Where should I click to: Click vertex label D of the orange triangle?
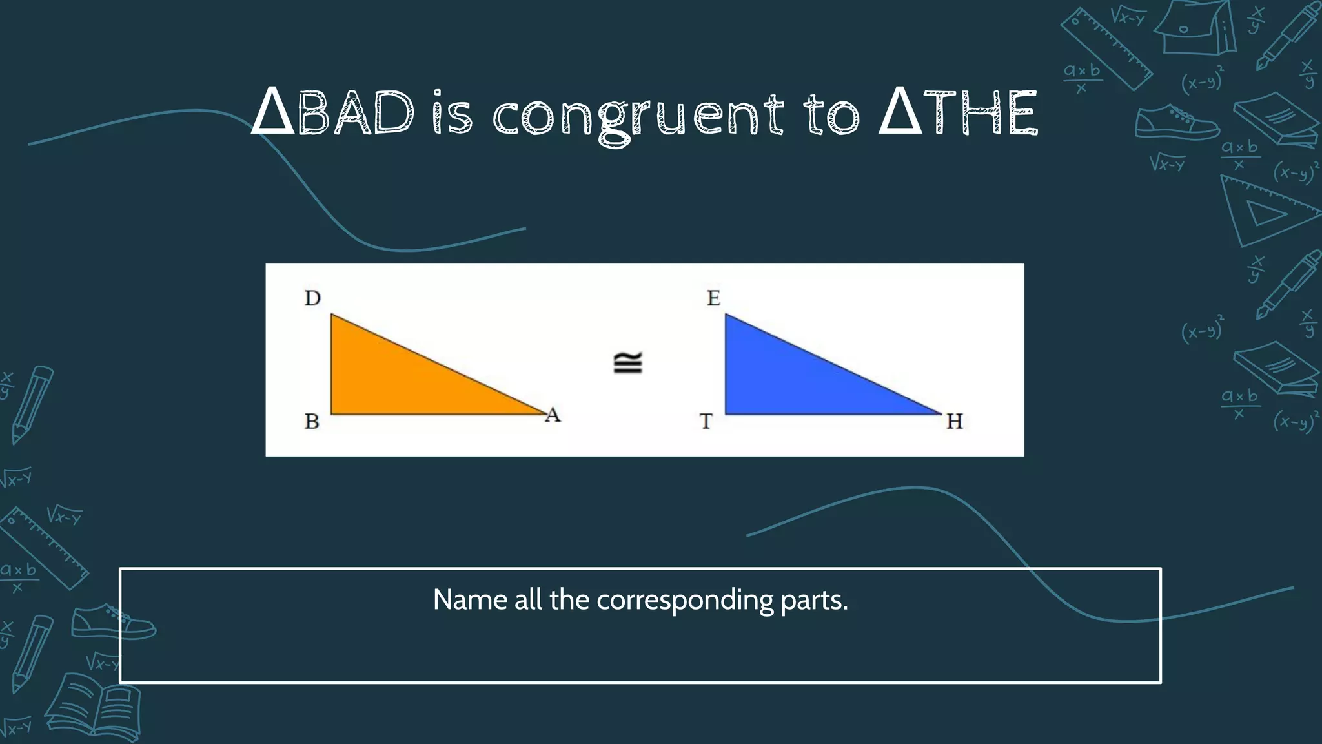[x=312, y=298]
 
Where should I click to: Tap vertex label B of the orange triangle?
[x=312, y=421]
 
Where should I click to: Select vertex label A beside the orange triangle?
[x=553, y=415]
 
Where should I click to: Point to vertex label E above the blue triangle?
[x=713, y=298]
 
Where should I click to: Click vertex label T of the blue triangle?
[x=706, y=422]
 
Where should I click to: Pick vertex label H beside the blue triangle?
[x=954, y=422]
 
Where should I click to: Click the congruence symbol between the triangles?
[x=627, y=363]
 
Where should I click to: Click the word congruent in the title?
[x=638, y=115]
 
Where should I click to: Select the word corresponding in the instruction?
[x=685, y=601]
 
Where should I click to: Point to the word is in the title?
[x=452, y=115]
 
